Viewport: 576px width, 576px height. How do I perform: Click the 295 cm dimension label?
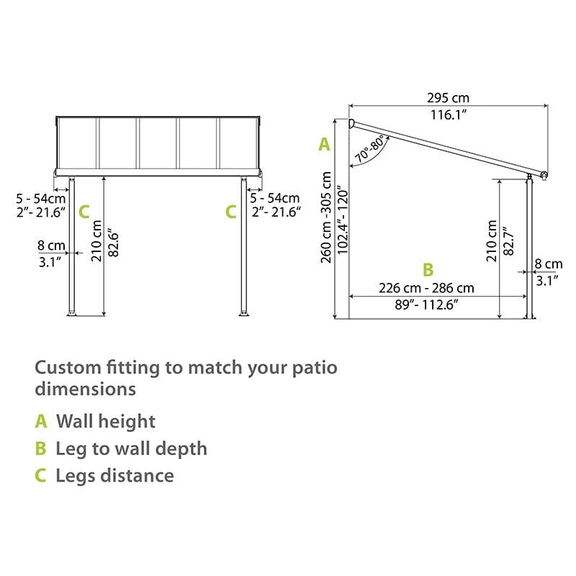point(447,97)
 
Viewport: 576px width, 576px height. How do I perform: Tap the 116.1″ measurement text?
point(447,114)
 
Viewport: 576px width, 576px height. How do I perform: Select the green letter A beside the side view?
point(324,145)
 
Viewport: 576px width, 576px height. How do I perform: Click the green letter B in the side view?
point(428,270)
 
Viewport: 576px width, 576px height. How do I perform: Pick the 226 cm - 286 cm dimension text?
point(426,288)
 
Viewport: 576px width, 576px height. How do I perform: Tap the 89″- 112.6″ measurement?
point(426,305)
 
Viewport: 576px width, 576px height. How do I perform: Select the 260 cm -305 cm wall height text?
point(327,217)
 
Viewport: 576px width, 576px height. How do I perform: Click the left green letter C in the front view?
point(84,212)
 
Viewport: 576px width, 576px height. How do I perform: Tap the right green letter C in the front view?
point(230,212)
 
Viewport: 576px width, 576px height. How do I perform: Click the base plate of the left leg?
point(72,313)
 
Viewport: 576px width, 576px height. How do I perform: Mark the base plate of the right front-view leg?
point(244,313)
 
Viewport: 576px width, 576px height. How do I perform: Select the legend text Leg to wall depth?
point(131,449)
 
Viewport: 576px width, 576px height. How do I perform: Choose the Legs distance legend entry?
point(114,475)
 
